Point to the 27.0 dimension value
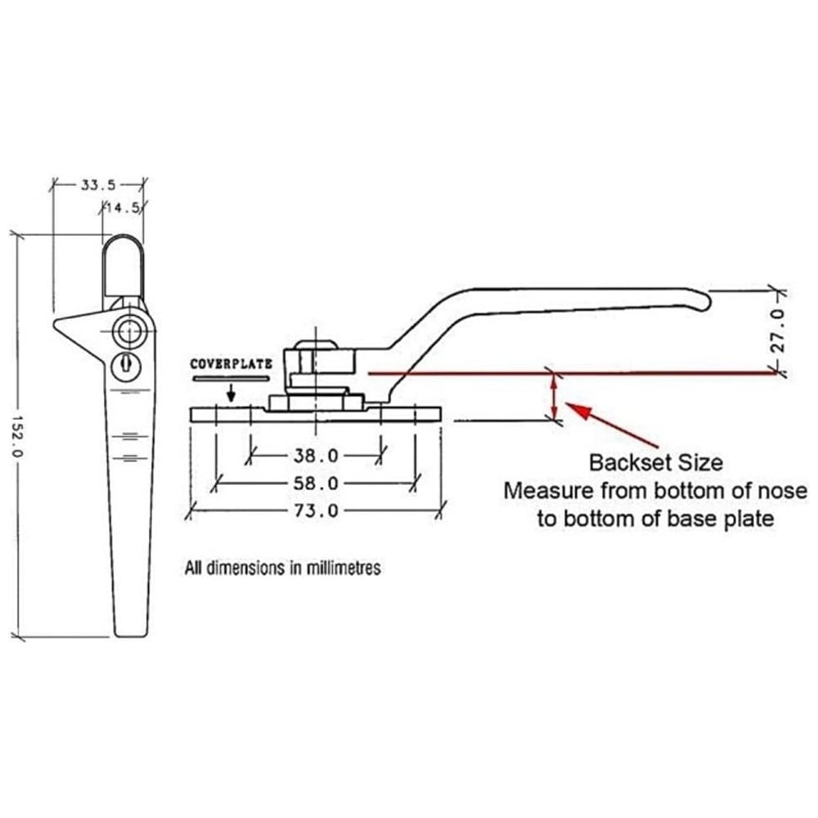778,330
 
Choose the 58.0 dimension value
316,483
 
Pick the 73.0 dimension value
316,511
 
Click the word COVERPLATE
231,364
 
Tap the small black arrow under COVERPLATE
232,393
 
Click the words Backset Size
656,462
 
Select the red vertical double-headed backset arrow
556,397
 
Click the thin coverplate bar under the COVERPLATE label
231,379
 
